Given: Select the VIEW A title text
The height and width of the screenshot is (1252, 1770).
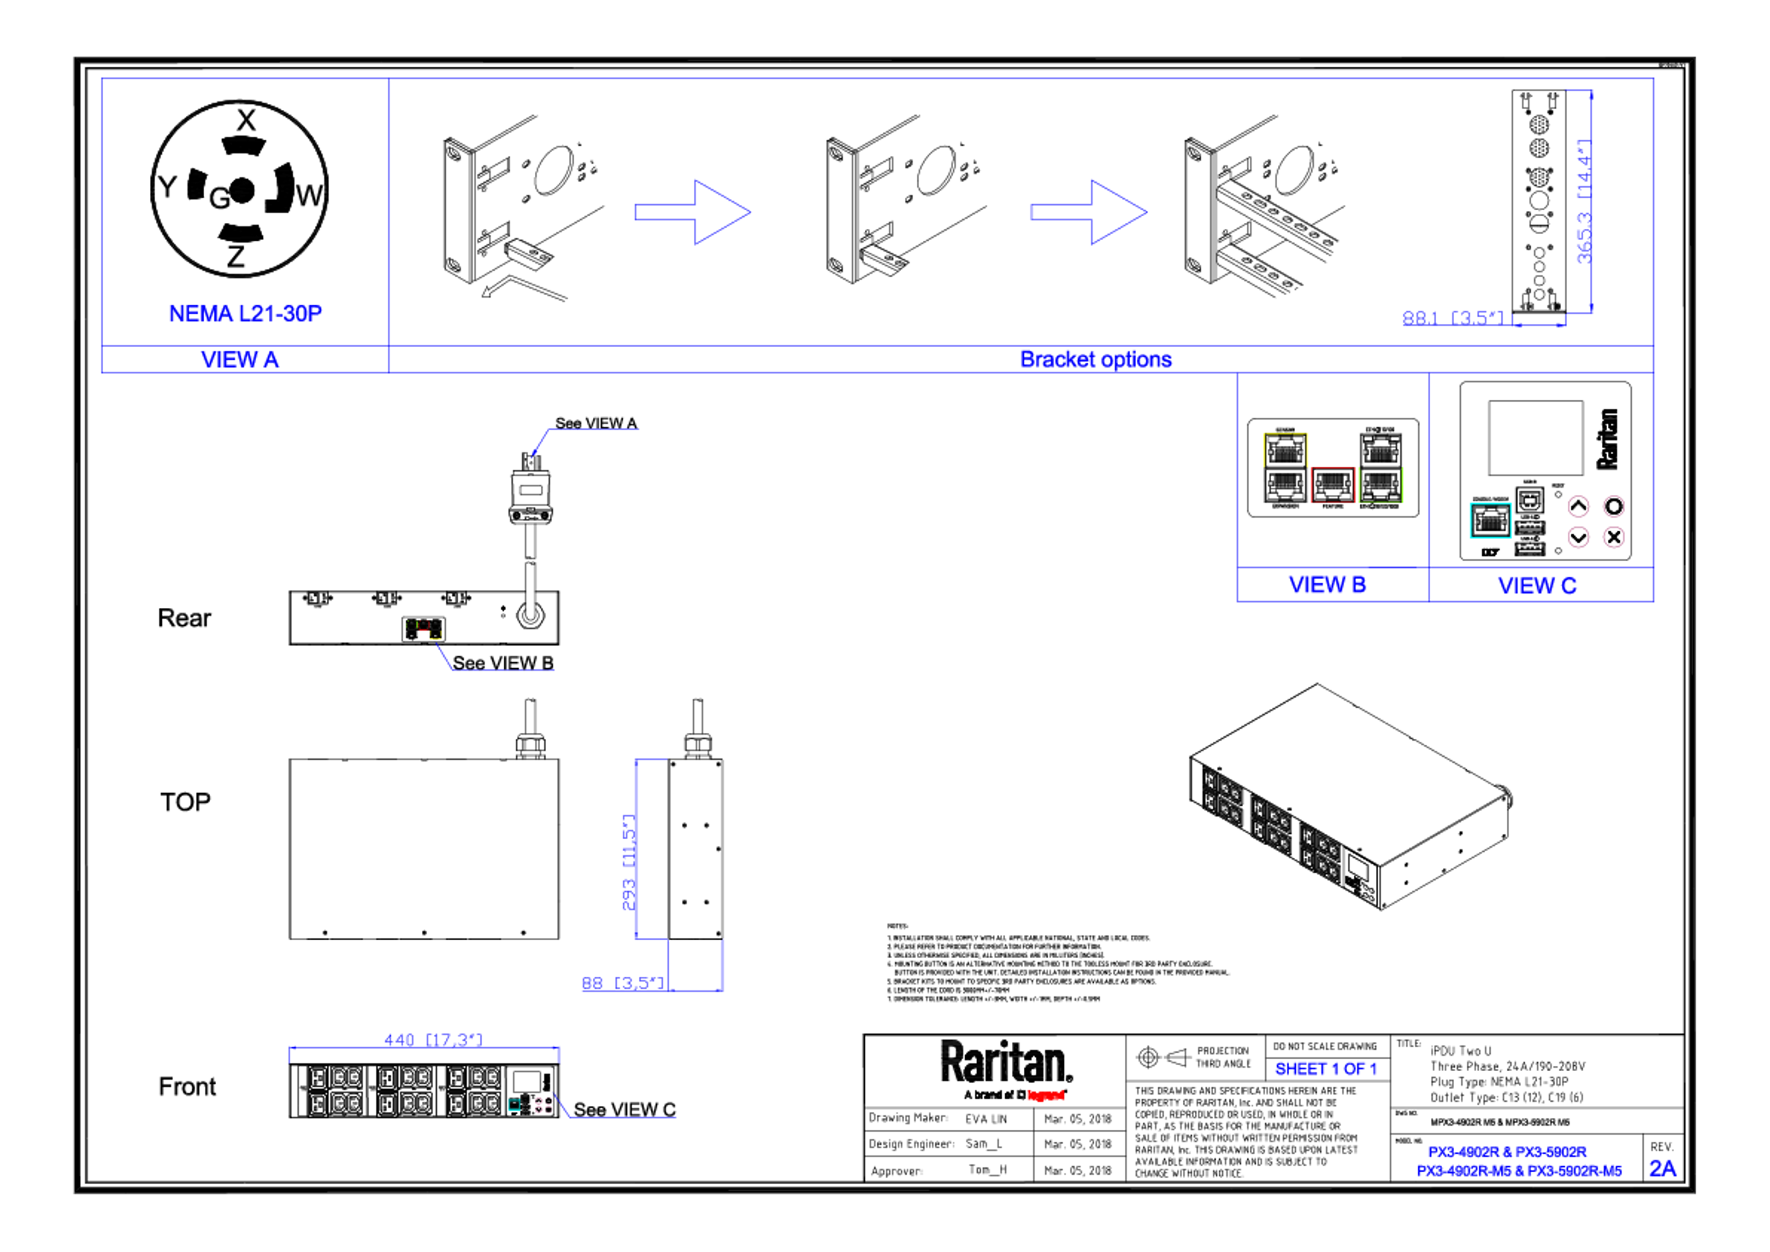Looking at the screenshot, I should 241,360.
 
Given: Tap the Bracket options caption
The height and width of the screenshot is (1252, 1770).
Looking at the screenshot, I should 1096,360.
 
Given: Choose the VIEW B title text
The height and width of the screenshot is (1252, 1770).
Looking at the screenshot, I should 1327,585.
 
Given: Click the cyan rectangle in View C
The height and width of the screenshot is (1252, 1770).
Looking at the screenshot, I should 1489,521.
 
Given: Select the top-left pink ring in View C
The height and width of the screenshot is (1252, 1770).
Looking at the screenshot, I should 1579,506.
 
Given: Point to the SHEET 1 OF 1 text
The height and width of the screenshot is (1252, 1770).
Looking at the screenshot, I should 1326,1069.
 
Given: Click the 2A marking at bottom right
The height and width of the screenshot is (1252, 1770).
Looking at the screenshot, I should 1663,1169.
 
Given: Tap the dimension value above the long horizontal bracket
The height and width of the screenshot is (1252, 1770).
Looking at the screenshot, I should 432,1039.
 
